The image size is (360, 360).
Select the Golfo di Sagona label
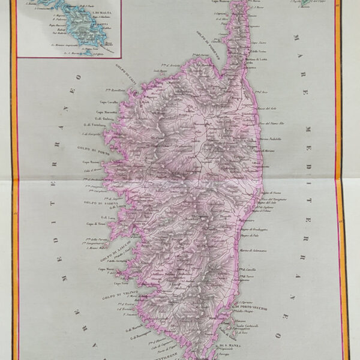coord(95,204)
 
